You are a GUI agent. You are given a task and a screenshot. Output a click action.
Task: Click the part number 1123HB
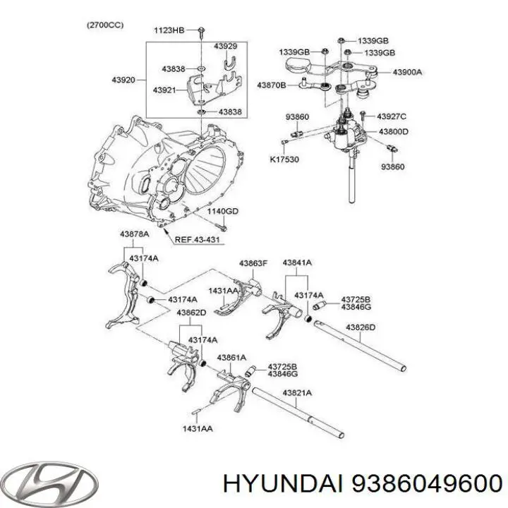(x=169, y=30)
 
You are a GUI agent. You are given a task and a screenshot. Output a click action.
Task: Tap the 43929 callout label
(x=225, y=46)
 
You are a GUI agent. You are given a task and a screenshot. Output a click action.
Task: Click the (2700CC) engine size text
(x=106, y=25)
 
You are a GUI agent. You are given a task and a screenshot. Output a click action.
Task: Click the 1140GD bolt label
(x=222, y=211)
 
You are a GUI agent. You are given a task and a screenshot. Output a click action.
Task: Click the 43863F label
(x=253, y=263)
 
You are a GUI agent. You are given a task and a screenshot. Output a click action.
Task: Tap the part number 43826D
(x=360, y=327)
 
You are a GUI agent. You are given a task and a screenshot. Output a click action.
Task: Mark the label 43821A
(x=297, y=392)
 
